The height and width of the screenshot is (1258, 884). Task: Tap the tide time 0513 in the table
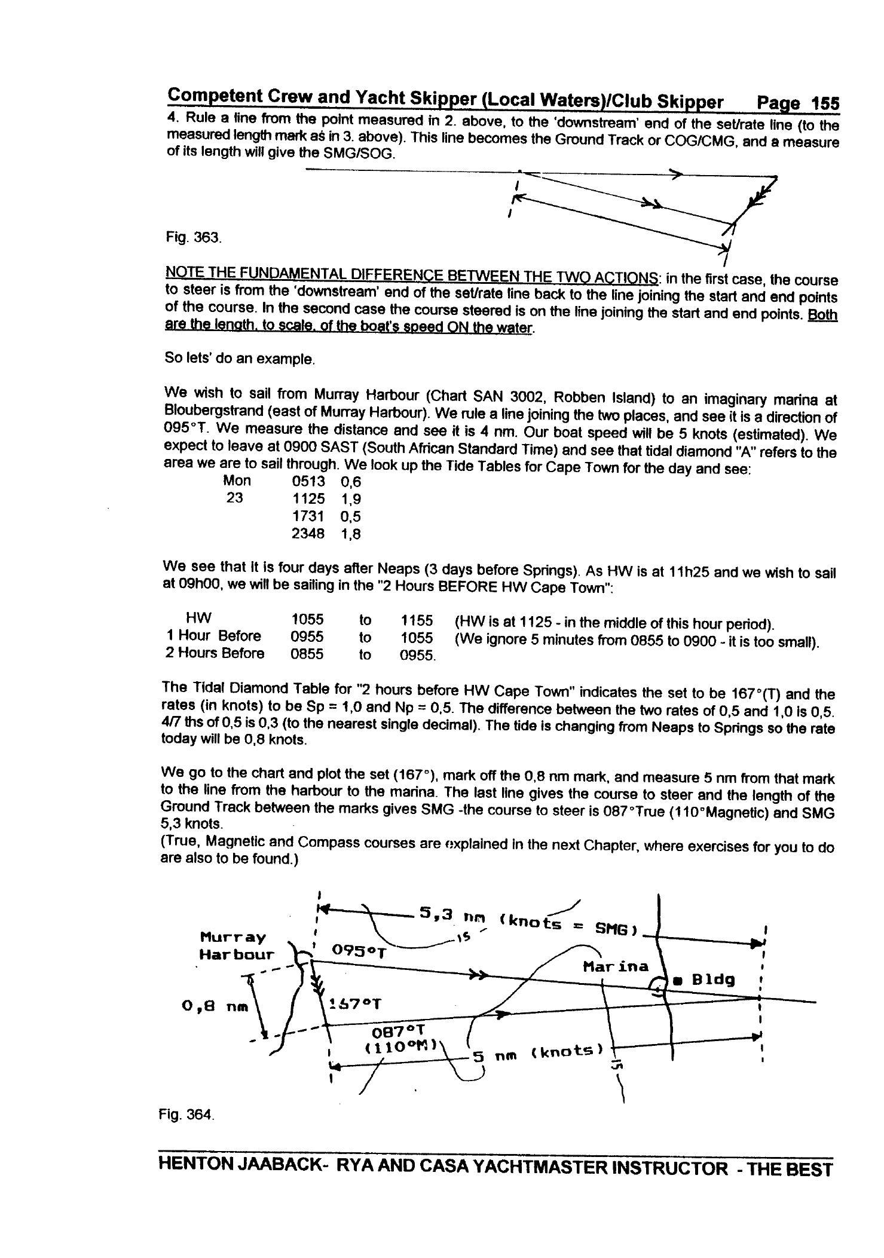pos(308,482)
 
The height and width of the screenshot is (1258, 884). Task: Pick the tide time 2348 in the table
pos(308,534)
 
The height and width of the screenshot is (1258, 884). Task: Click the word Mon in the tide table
pos(237,481)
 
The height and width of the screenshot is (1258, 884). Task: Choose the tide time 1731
pos(308,516)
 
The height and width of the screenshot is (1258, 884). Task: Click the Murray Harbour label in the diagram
pos(236,945)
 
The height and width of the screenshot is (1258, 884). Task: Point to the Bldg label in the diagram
pos(712,980)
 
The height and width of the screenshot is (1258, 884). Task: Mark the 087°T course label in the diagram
pos(397,1032)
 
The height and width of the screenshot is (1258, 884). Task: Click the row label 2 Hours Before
pos(215,653)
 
